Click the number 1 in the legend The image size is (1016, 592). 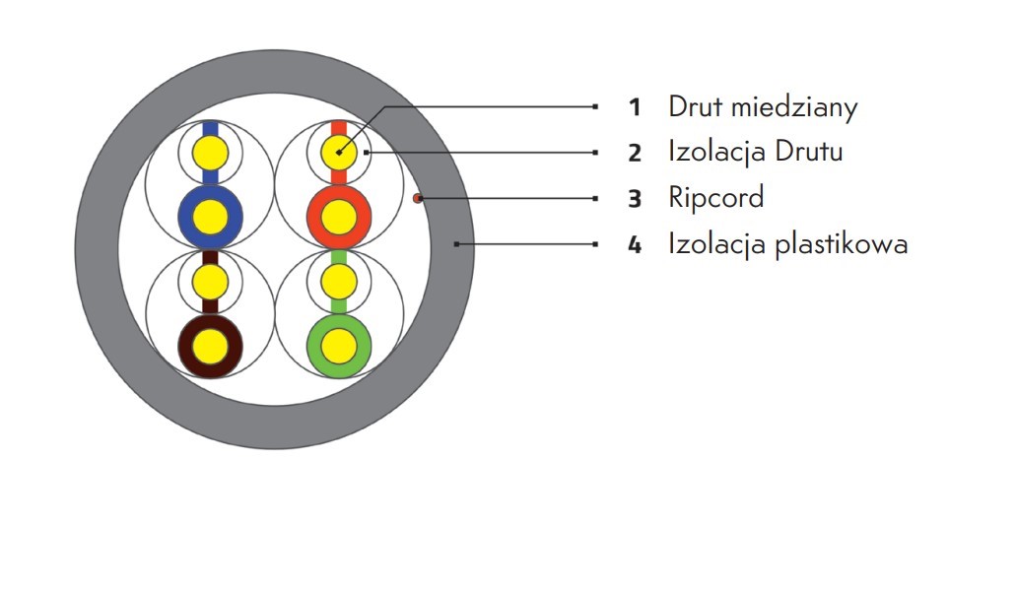(x=635, y=107)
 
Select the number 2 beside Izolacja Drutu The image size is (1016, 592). (x=635, y=153)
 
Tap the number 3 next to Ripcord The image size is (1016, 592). (x=635, y=199)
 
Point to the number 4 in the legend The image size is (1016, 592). (x=635, y=245)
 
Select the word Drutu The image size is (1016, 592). (x=809, y=152)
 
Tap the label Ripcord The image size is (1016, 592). (x=716, y=198)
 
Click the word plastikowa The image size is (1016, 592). (x=842, y=243)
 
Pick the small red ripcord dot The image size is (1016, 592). (x=417, y=198)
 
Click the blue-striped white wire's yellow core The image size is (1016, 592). (x=211, y=154)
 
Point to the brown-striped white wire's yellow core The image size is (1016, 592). (x=211, y=283)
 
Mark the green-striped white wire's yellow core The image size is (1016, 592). (x=339, y=283)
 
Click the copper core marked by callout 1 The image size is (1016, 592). (x=339, y=153)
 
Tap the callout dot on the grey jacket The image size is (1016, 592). (x=457, y=244)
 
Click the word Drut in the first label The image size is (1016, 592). (x=696, y=106)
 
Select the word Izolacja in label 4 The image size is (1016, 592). (x=717, y=245)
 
